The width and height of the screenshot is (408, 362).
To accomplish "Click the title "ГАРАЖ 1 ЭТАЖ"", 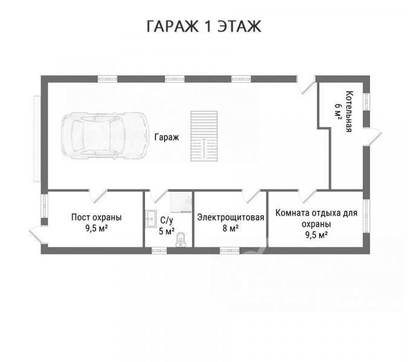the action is pyautogui.click(x=204, y=26).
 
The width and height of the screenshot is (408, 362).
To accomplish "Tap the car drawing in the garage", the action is pyautogui.click(x=105, y=136).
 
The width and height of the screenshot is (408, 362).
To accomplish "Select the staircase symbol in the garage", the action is pyautogui.click(x=204, y=136).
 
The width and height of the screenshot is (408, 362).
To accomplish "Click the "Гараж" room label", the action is pyautogui.click(x=167, y=137).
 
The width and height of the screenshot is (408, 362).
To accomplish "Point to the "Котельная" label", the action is pyautogui.click(x=349, y=112).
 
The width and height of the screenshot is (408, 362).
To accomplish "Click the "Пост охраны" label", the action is pyautogui.click(x=97, y=217).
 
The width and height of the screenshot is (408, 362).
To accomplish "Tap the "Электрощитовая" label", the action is pyautogui.click(x=230, y=217).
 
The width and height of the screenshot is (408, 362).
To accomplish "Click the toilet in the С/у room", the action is pyautogui.click(x=180, y=239).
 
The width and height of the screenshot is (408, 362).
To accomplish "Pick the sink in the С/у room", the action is pyautogui.click(x=151, y=219).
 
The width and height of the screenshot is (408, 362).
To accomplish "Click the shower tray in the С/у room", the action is pyautogui.click(x=181, y=202).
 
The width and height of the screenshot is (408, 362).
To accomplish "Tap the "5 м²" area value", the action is pyautogui.click(x=167, y=231).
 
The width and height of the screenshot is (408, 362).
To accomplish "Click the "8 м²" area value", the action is pyautogui.click(x=230, y=228).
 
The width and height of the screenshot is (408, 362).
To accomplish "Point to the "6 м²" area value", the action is pyautogui.click(x=338, y=112).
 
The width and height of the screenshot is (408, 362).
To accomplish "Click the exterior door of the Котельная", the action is pyautogui.click(x=372, y=137).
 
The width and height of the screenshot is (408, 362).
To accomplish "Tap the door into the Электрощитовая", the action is pyautogui.click(x=251, y=196).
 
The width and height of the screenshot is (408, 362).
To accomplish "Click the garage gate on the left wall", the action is pyautogui.click(x=37, y=139).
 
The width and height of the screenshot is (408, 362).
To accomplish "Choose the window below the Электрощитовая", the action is pyautogui.click(x=230, y=250).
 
